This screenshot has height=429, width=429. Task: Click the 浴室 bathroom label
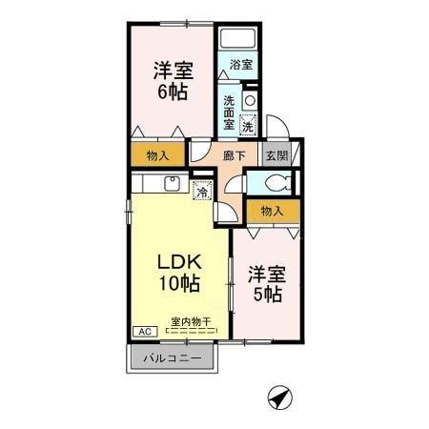coord(240,66)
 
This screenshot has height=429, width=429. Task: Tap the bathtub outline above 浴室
coord(238,41)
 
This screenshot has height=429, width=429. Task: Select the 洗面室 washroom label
coord(230,111)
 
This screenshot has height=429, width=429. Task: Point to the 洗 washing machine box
coord(247,125)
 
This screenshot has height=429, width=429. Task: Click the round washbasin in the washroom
coord(250,99)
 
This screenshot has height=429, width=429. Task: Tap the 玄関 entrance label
coord(275,155)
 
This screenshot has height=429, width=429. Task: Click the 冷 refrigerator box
coord(202,191)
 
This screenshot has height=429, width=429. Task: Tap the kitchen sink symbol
coord(172,183)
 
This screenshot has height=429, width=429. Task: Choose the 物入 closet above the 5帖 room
coord(272,210)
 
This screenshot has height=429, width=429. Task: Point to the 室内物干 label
coord(191,321)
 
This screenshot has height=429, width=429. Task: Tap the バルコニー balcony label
coord(173,358)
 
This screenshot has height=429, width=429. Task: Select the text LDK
coord(178,261)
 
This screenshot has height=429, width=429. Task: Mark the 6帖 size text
coord(174,92)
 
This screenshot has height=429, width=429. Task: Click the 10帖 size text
coord(178,283)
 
